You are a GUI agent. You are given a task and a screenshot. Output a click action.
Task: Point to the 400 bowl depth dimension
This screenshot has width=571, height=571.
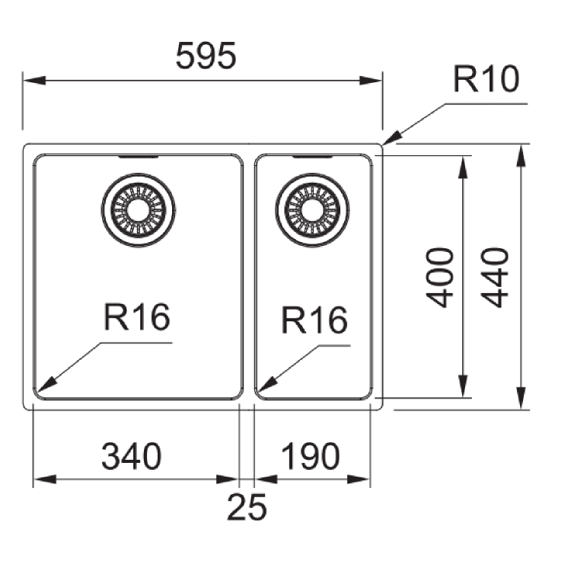tap(442, 276)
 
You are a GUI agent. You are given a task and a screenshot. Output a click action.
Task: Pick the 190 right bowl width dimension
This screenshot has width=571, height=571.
tap(310, 457)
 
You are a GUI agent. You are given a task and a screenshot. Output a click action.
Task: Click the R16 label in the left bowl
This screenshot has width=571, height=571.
tap(137, 317)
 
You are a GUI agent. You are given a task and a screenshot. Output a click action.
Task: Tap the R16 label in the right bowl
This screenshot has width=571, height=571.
tap(314, 321)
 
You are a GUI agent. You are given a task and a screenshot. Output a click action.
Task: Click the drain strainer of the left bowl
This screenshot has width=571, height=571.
tap(139, 209)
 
